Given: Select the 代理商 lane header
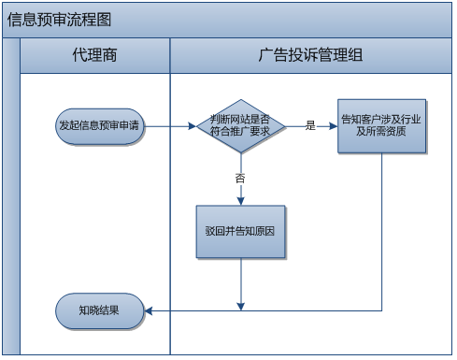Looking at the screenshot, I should point(94,55).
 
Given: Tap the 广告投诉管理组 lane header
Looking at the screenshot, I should point(310,55).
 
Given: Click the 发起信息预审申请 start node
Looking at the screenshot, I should point(99,125).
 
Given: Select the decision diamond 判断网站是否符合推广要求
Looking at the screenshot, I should point(241,125).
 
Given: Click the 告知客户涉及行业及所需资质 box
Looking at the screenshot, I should point(382,125).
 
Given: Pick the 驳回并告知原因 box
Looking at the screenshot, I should point(240,231).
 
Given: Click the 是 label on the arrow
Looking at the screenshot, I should point(310,124).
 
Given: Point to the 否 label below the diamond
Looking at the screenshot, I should point(240,177).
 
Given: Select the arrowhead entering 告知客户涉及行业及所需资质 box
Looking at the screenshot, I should point(333,125).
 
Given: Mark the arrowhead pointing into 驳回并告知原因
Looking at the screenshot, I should point(241,200).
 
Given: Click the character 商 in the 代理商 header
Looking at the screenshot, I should point(110,55).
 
